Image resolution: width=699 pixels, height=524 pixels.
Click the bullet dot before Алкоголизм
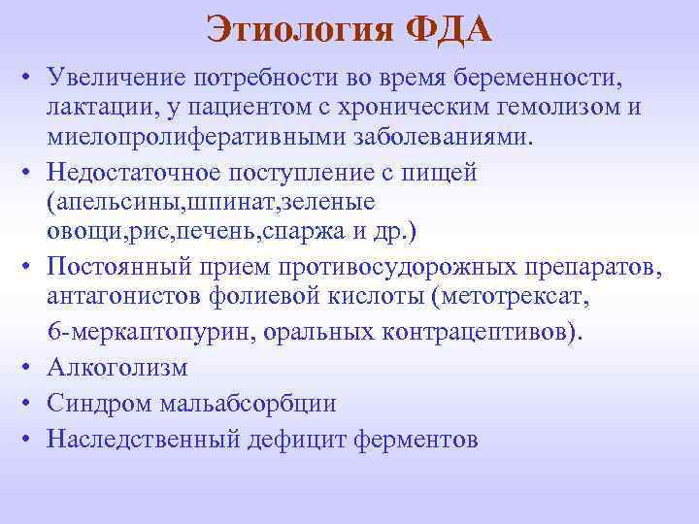pyautogui.click(x=31, y=369)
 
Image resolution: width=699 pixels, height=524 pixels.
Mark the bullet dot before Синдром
pyautogui.click(x=31, y=405)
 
